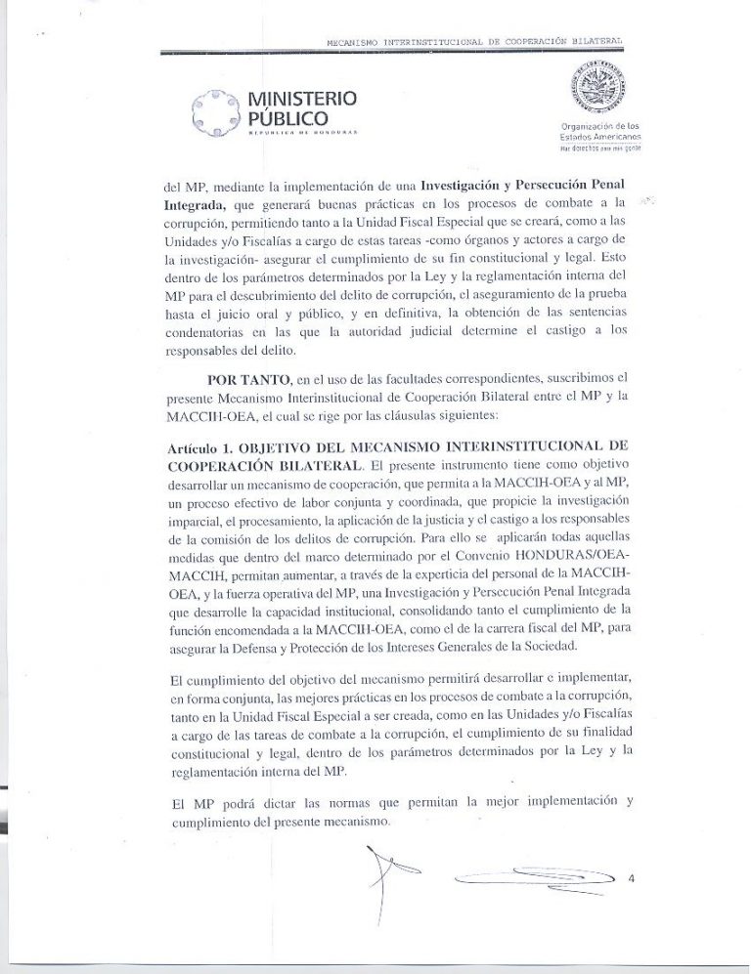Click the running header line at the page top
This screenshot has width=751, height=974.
[x=473, y=42]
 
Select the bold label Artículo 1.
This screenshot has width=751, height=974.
[x=199, y=445]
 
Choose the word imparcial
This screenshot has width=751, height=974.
[x=199, y=533]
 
